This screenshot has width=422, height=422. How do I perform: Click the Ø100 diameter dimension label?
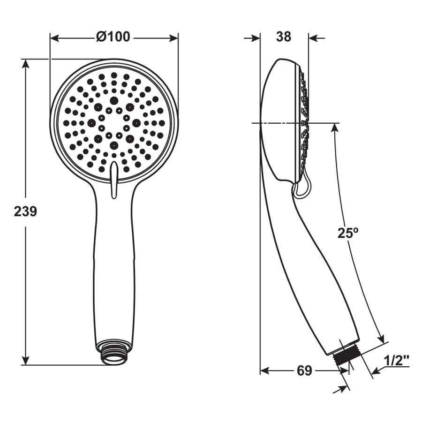point(113,37)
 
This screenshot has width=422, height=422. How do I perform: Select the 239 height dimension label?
point(26,211)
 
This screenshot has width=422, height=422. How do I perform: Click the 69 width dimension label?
point(304,371)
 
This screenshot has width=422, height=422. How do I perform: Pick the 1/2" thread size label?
point(396,361)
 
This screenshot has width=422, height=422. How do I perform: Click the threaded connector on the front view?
point(113,353)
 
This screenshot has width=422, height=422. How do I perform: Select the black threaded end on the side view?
point(346,355)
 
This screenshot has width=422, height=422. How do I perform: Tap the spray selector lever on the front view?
point(114,180)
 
